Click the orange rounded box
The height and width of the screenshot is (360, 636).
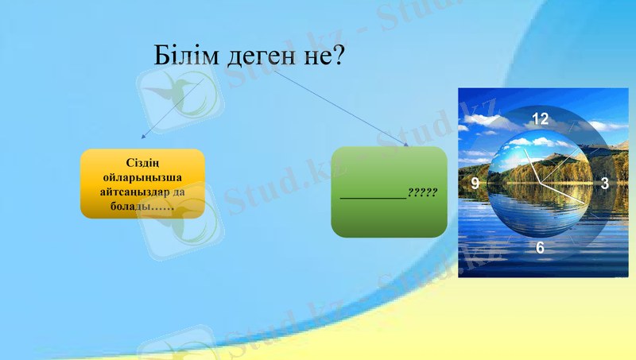(142, 184)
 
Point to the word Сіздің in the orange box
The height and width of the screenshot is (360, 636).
(143, 164)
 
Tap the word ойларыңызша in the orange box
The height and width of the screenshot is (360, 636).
(143, 178)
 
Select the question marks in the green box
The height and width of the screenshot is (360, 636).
(422, 192)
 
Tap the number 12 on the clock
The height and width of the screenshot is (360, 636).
(541, 119)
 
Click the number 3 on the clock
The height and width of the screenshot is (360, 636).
(605, 184)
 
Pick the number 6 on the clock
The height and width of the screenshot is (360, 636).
(541, 248)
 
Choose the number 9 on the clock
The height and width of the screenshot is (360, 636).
(475, 184)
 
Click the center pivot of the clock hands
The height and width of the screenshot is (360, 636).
(541, 183)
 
